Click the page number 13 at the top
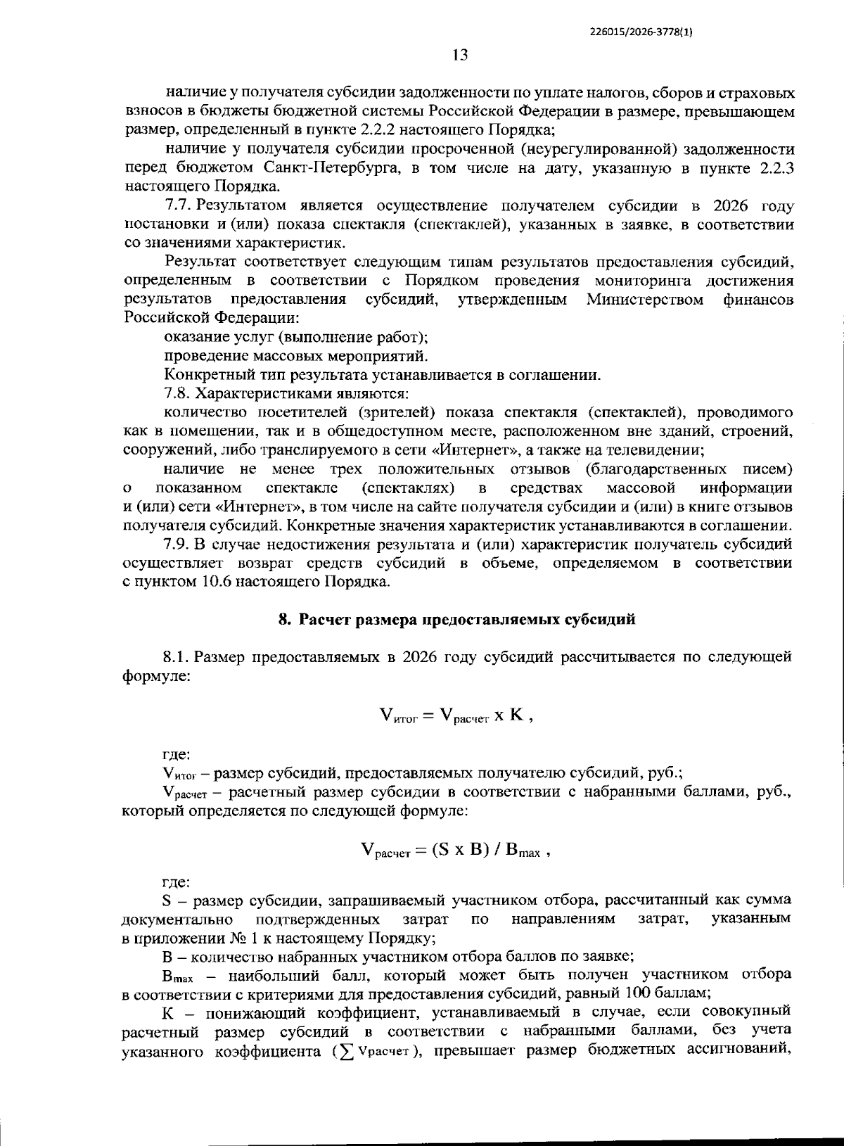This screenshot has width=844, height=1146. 460,55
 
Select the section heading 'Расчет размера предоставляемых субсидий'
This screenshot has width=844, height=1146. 467,619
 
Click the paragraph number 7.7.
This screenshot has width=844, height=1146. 179,206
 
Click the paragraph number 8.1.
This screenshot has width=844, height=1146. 177,657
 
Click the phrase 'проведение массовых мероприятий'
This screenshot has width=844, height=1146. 295,356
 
